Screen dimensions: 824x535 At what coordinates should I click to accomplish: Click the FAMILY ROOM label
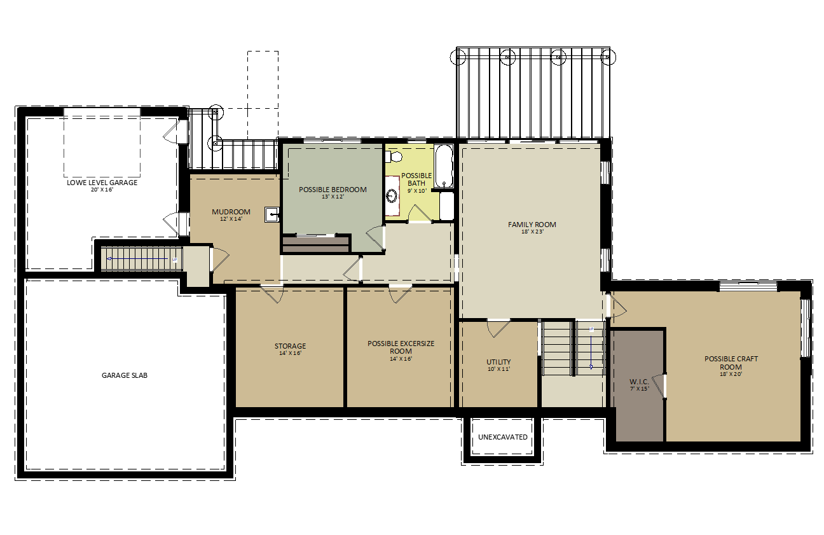click(x=532, y=225)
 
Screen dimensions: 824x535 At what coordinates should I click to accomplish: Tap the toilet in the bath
click(x=394, y=156)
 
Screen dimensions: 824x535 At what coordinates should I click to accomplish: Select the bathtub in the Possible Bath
click(x=444, y=166)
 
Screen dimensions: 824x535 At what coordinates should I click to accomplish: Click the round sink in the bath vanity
click(x=392, y=195)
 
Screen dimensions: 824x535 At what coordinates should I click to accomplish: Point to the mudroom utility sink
click(x=272, y=214)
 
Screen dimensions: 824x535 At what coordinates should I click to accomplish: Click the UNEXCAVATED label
click(x=502, y=437)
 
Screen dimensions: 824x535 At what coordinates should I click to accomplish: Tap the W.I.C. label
click(x=639, y=382)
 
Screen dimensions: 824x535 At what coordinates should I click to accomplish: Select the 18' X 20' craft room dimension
click(x=731, y=374)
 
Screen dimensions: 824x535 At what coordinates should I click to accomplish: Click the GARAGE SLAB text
click(x=125, y=375)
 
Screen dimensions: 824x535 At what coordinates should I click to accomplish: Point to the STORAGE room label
click(x=290, y=346)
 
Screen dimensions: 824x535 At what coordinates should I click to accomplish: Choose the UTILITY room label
click(x=498, y=362)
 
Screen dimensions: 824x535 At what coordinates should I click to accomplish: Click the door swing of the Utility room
click(x=498, y=329)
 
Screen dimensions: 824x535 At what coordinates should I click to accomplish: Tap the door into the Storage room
click(x=272, y=295)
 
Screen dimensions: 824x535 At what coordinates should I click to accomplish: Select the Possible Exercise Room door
click(x=400, y=295)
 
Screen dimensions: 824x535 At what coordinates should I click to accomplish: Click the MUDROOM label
click(x=231, y=212)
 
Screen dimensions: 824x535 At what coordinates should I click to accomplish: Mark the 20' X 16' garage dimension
click(x=102, y=190)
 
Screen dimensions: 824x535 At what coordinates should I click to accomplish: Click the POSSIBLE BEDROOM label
click(x=333, y=190)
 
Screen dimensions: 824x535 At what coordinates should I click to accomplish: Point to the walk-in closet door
click(x=659, y=386)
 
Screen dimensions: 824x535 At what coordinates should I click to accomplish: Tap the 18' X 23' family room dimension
click(x=532, y=232)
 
